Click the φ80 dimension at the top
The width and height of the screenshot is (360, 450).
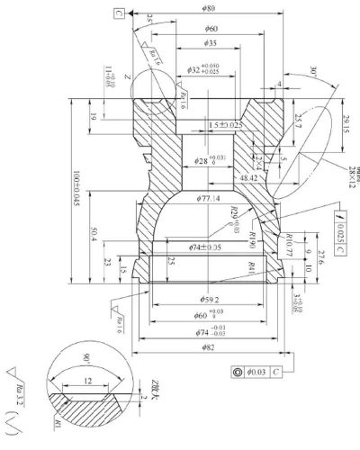(208, 10)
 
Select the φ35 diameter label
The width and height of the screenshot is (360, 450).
(209, 43)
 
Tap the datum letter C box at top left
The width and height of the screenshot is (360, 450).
(119, 13)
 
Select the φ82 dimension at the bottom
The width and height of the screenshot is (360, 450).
(208, 346)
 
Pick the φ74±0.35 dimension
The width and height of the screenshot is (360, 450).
(206, 246)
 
